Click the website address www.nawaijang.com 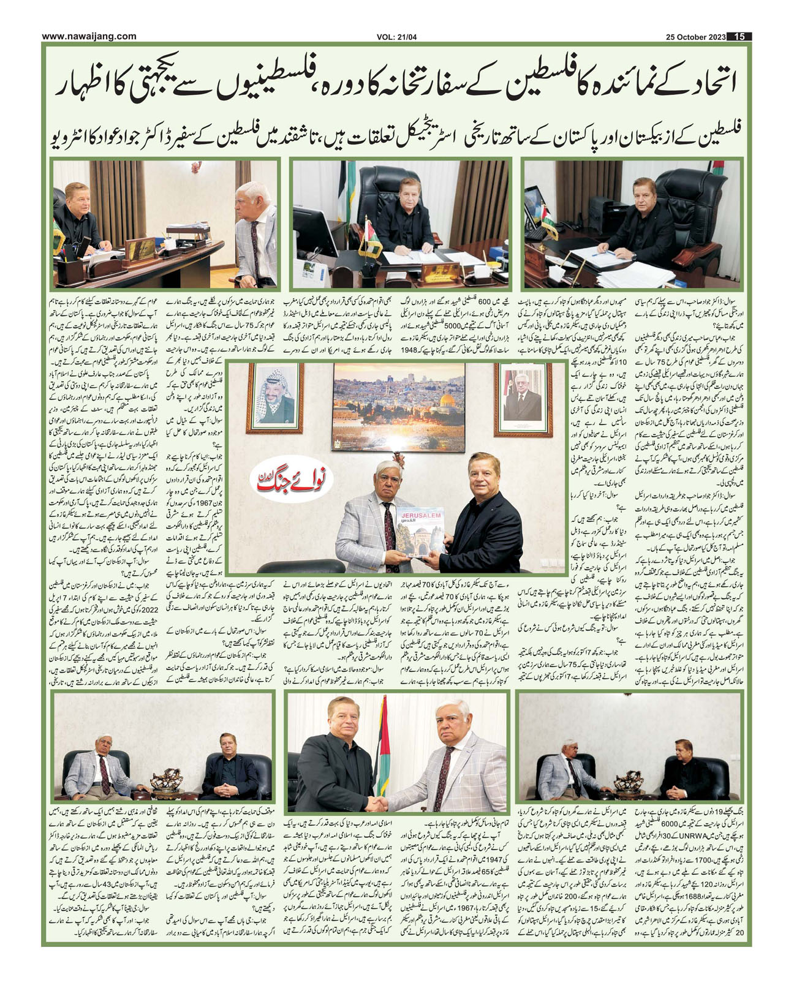pos(89,37)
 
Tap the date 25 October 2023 pos(695,37)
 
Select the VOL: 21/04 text pos(397,37)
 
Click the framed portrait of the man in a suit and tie pos(523,397)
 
